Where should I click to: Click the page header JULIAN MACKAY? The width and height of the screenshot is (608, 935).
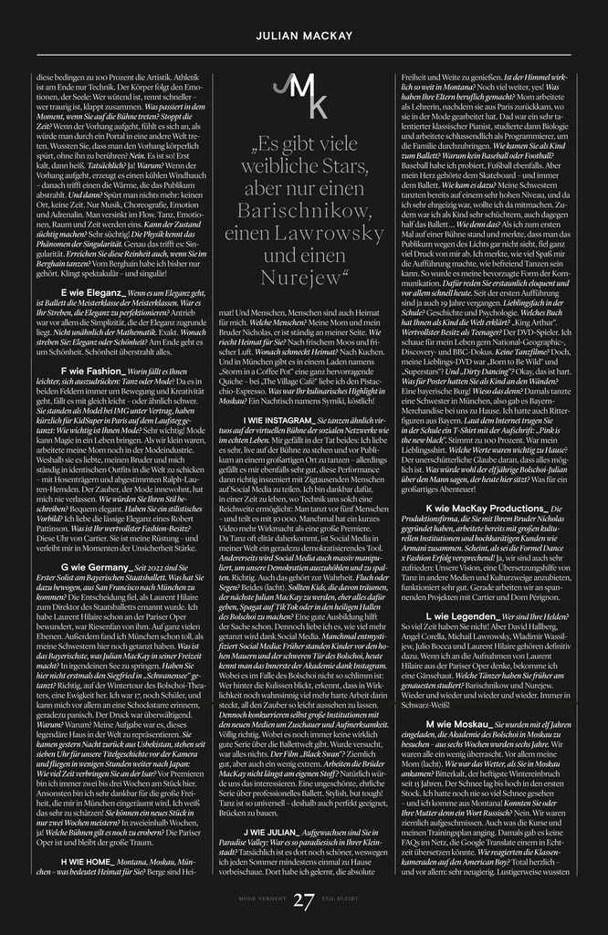303,35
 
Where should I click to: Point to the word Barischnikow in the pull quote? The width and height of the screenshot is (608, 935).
303,210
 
